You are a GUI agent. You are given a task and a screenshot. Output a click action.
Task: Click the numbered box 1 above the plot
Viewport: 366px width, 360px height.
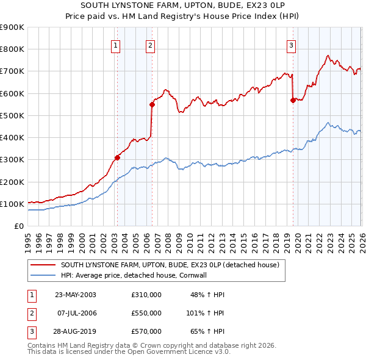click(116, 45)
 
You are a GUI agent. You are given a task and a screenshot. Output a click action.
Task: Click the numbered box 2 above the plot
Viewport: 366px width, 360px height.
click(150, 45)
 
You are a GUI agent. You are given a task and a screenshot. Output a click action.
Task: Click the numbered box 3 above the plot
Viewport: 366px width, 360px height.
click(292, 45)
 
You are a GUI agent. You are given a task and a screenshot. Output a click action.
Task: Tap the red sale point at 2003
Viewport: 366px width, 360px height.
click(118, 157)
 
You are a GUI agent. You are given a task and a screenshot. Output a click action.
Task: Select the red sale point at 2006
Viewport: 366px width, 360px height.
click(152, 104)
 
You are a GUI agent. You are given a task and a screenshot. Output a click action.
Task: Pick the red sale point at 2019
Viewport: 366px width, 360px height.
click(293, 100)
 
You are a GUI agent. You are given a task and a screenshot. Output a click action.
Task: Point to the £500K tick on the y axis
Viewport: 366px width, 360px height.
click(12, 115)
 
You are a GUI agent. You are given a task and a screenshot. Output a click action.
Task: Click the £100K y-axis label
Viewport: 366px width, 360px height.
click(12, 204)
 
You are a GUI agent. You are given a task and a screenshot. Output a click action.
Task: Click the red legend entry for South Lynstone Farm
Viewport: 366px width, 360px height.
click(170, 265)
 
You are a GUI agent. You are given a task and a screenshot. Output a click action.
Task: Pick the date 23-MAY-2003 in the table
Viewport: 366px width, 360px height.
click(76, 295)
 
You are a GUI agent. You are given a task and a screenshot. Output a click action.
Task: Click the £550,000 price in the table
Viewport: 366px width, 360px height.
click(146, 313)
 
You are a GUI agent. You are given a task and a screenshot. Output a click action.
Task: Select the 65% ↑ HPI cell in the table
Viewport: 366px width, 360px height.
click(207, 331)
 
